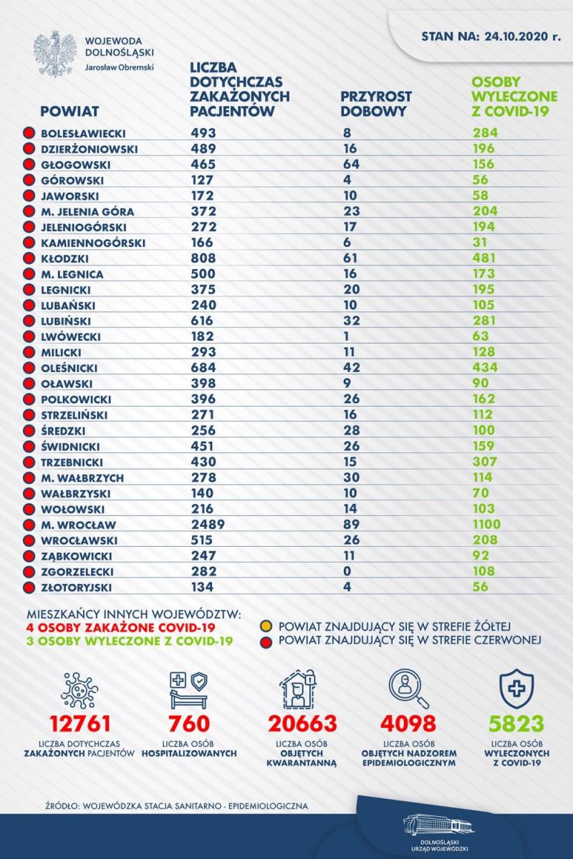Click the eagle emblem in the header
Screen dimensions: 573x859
52,54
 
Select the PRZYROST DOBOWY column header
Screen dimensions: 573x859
376,104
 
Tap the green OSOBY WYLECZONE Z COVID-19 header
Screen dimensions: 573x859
514,96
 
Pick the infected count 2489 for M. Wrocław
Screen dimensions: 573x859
208,524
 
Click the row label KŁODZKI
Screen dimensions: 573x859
65,258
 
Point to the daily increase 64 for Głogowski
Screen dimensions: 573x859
352,164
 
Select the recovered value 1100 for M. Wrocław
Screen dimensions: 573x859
486,524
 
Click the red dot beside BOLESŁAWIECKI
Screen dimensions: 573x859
29,133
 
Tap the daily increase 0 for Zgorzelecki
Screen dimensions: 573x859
347,571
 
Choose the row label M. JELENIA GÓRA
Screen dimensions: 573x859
87,212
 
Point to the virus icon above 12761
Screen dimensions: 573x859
80,689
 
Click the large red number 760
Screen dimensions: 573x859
189,724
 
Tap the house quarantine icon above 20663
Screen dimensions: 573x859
299,689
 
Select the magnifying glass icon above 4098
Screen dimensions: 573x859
408,689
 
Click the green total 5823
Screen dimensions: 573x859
516,724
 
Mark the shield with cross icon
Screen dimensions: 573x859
516,689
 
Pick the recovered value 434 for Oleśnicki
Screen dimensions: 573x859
485,368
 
